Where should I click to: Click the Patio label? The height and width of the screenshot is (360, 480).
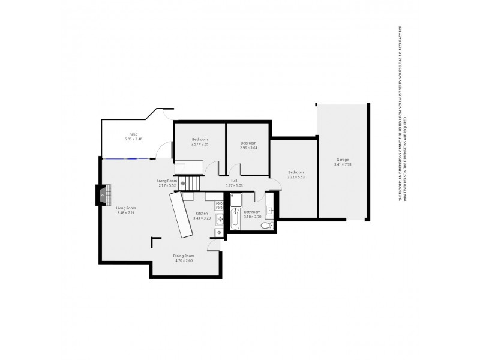click(133, 134)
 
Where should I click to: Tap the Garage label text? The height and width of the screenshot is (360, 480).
click(343, 160)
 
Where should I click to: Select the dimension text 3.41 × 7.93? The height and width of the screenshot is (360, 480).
click(343, 164)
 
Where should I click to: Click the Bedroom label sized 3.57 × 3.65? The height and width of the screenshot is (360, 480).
click(200, 139)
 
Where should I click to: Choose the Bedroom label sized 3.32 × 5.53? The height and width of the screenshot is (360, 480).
click(296, 172)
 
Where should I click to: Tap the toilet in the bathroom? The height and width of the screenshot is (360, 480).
click(270, 226)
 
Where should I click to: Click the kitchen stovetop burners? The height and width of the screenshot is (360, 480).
click(220, 213)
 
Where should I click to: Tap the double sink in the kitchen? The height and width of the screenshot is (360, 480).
click(220, 226)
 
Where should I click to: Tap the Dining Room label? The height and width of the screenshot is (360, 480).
click(184, 256)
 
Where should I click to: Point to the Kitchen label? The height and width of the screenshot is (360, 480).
click(202, 213)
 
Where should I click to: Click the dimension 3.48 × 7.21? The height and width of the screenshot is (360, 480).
click(127, 212)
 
